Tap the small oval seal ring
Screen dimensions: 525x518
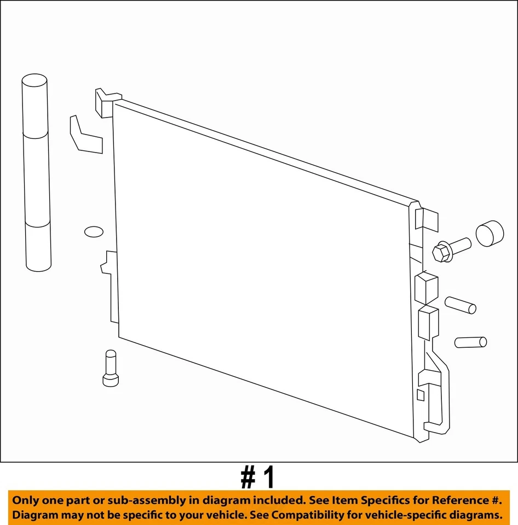94,232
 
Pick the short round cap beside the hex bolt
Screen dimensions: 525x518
489,234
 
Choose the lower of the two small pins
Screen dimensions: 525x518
470,342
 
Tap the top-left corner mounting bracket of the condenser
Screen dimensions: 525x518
104,102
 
